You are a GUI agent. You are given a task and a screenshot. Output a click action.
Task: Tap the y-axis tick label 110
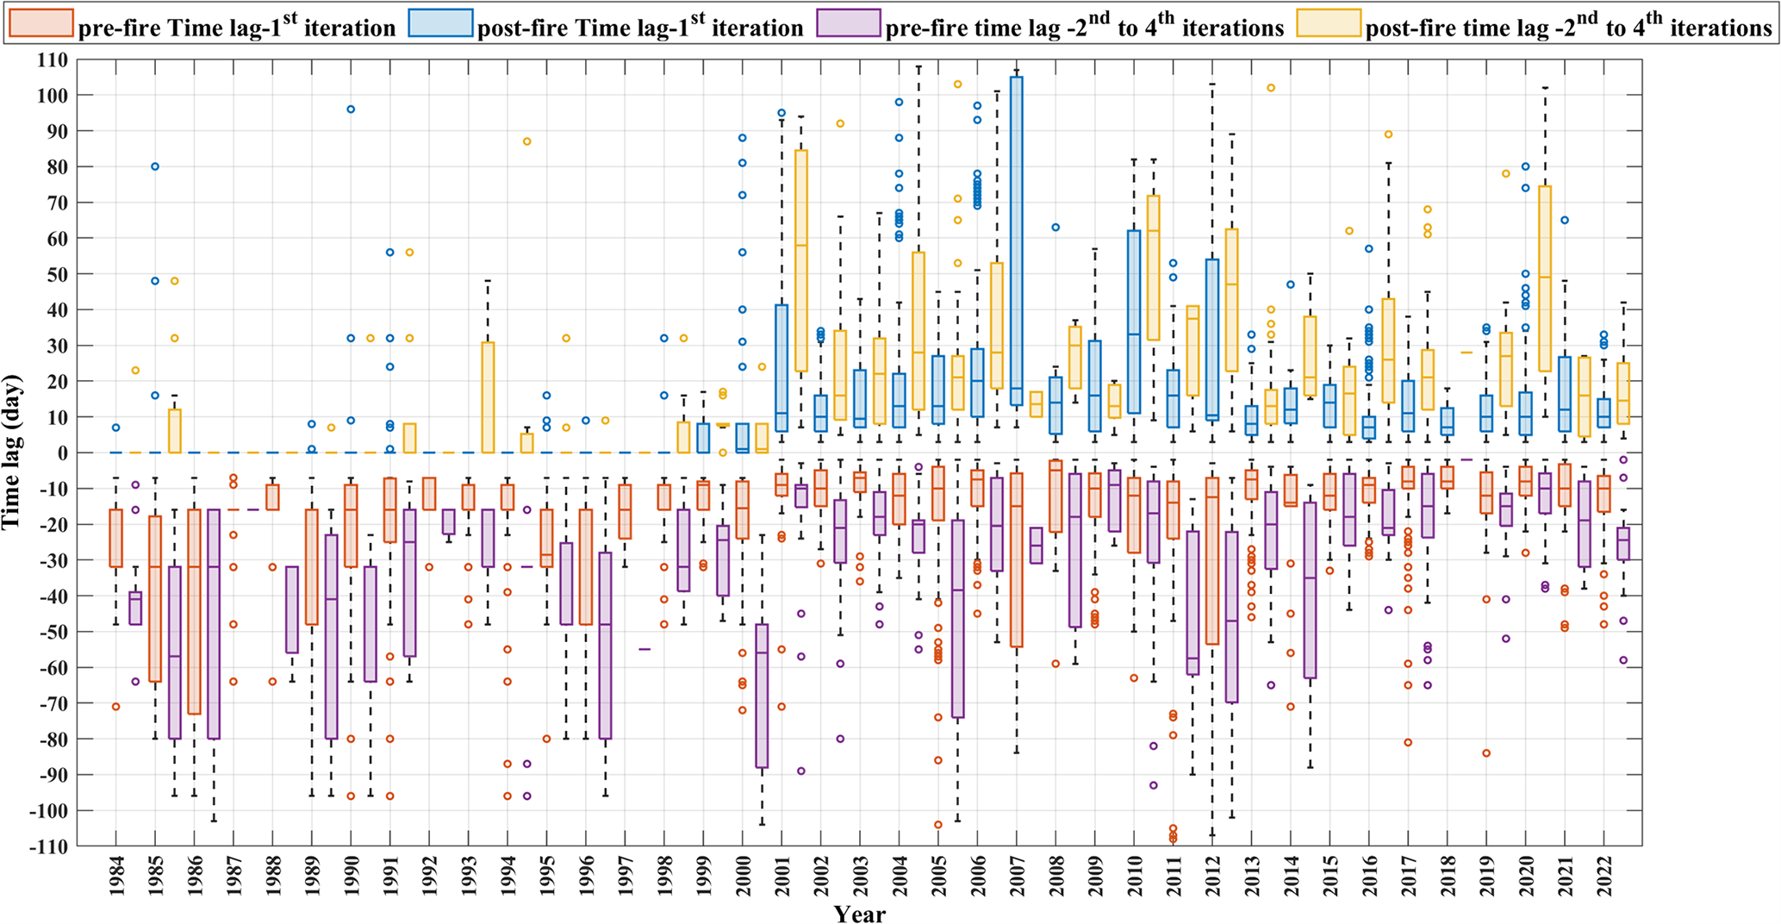[x=52, y=60]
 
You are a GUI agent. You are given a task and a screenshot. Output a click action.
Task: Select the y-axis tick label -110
[x=48, y=846]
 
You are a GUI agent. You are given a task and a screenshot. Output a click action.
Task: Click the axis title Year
[x=859, y=914]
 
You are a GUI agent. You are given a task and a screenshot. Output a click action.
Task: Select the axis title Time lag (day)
[x=12, y=452]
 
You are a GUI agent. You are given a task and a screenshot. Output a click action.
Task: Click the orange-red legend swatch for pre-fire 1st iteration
[x=40, y=23]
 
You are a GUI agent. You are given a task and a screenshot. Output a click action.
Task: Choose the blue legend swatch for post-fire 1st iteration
[x=441, y=23]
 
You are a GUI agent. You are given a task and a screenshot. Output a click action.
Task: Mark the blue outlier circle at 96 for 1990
[x=351, y=109]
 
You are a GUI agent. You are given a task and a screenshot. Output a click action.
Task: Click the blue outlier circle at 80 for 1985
[x=155, y=166]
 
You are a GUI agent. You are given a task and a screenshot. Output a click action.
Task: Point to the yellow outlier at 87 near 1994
[x=527, y=141]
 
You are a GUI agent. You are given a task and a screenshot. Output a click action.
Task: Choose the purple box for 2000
[x=762, y=695]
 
